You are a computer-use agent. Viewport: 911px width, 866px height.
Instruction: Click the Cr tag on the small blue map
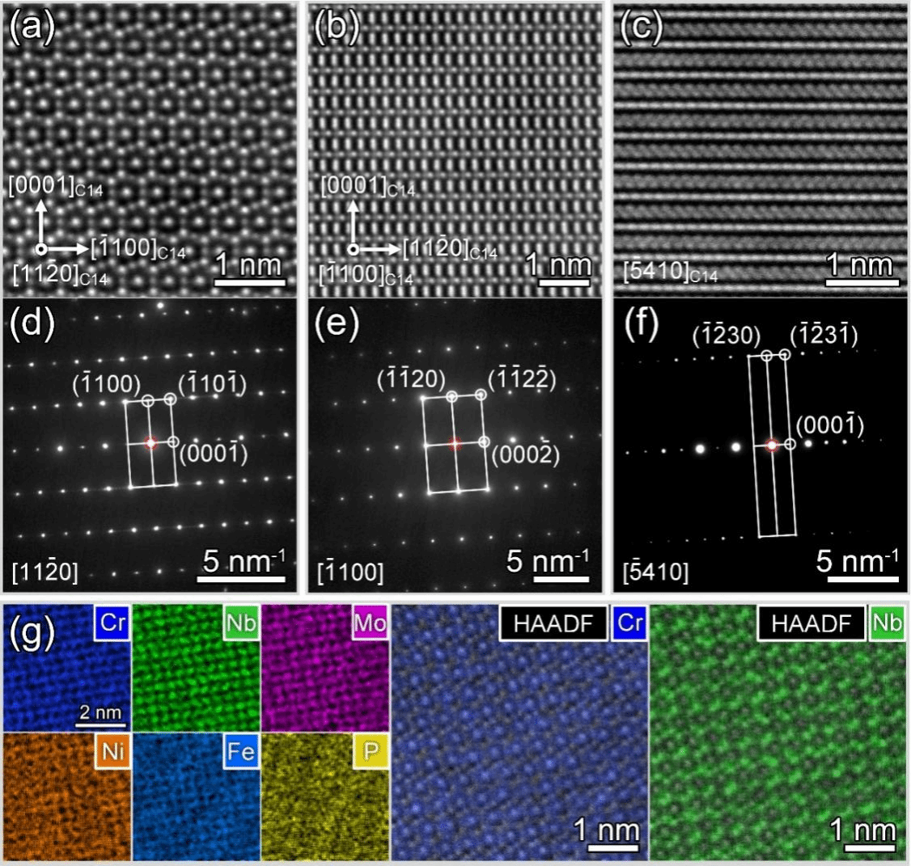(110, 623)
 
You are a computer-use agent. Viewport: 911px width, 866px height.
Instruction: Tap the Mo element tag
(369, 623)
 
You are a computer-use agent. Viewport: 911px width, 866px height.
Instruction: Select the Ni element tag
(110, 754)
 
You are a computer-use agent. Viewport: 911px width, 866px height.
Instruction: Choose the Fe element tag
(239, 754)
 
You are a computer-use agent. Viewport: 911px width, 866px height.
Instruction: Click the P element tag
(369, 754)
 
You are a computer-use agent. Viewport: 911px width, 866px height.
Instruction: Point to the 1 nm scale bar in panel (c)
(859, 282)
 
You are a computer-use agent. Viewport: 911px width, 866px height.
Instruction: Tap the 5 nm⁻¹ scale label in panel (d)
(242, 559)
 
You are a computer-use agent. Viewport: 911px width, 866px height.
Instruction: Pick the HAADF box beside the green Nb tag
(811, 624)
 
